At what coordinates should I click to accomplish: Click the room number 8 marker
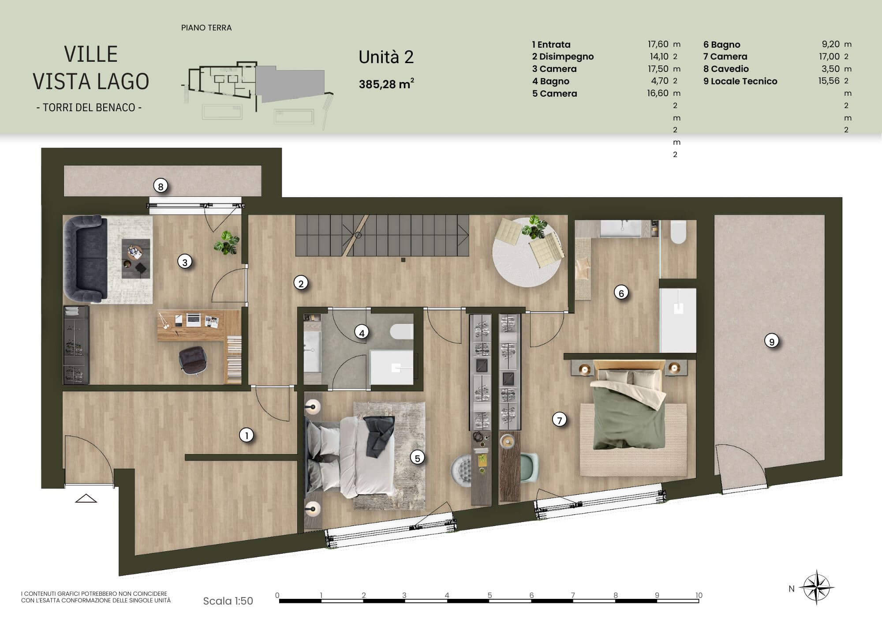tap(161, 187)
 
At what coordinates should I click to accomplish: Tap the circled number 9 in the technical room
tap(772, 341)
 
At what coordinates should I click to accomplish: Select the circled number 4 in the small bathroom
tap(362, 333)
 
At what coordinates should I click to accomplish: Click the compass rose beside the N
tap(817, 588)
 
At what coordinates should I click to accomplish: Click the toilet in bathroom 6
tap(678, 232)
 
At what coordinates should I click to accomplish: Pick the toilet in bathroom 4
tap(401, 332)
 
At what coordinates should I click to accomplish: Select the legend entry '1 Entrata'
tap(551, 45)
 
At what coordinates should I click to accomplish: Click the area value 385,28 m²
tap(386, 84)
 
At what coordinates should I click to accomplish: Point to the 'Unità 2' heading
tap(386, 57)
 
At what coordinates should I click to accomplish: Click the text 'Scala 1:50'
tap(228, 601)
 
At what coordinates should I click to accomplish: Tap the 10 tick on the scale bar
tap(699, 595)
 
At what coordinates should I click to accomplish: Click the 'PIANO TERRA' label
tap(206, 28)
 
